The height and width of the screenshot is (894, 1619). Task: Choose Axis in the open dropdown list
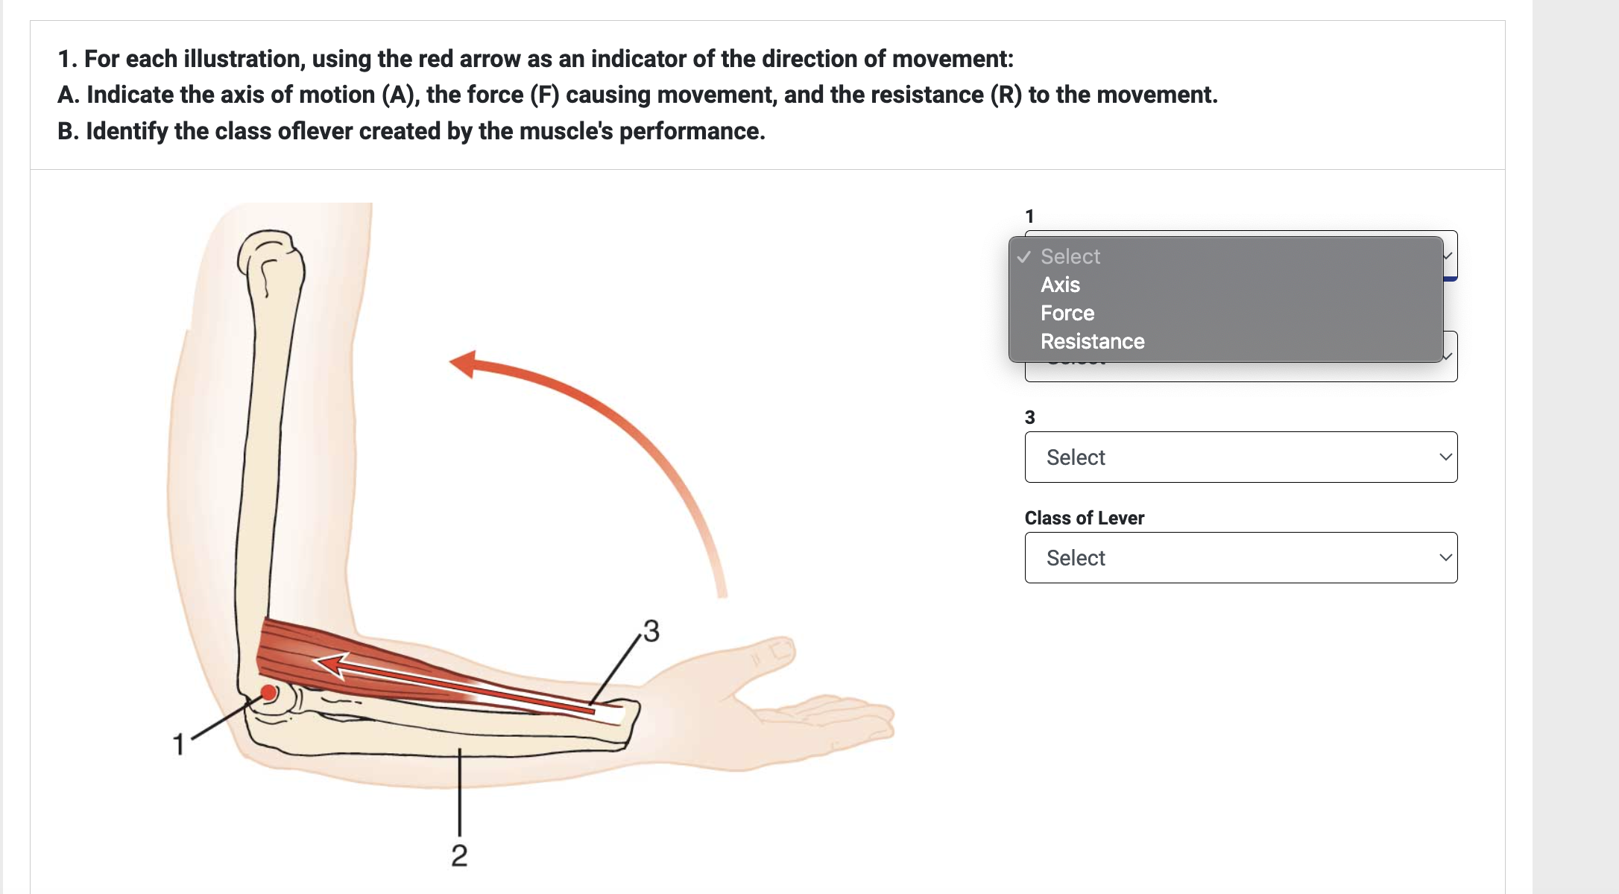(1060, 285)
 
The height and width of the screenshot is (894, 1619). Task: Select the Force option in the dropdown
(1067, 313)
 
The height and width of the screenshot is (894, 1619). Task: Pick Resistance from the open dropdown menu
(1092, 341)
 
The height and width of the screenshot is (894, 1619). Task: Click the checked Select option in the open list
(1070, 256)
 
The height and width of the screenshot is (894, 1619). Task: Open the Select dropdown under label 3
(1240, 457)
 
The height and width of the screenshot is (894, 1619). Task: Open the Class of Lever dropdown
(1240, 557)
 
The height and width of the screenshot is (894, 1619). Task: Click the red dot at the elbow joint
(268, 693)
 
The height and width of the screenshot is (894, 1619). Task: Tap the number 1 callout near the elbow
(178, 744)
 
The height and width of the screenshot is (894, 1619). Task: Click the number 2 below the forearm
(459, 855)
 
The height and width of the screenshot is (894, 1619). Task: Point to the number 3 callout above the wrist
(651, 631)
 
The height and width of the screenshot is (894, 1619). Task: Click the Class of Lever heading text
(1084, 518)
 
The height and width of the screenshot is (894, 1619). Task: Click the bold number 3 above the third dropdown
(1029, 417)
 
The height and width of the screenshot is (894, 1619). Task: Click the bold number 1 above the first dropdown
(1029, 216)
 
